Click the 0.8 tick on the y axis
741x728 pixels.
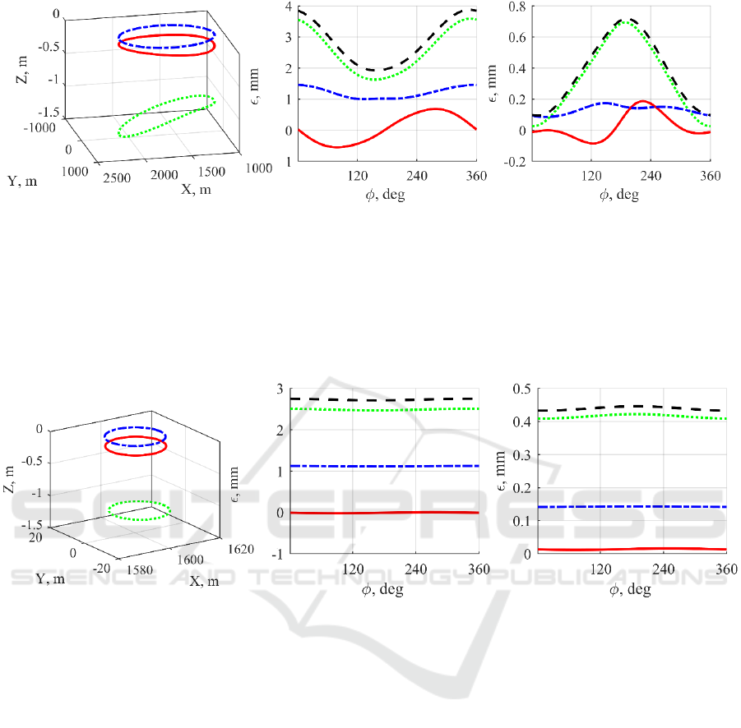516,8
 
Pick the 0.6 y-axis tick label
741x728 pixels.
516,39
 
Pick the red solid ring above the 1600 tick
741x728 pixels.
136,448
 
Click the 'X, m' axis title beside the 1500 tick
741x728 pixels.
197,187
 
